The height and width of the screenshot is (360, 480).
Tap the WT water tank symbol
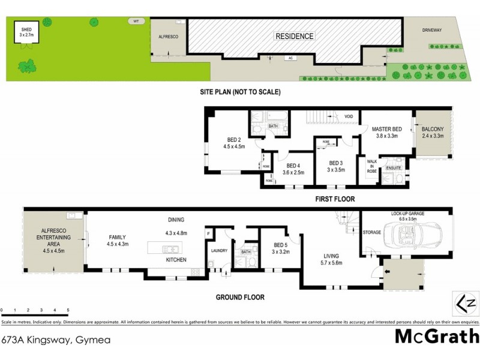click(136, 22)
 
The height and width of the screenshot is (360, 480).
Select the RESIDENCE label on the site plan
click(294, 36)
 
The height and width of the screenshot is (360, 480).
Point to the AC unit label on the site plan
click(289, 58)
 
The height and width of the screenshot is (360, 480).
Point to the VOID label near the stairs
click(349, 116)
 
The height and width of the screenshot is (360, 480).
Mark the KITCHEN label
click(176, 260)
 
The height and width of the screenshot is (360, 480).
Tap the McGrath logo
click(436, 337)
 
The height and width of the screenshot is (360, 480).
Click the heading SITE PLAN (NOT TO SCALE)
click(240, 92)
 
